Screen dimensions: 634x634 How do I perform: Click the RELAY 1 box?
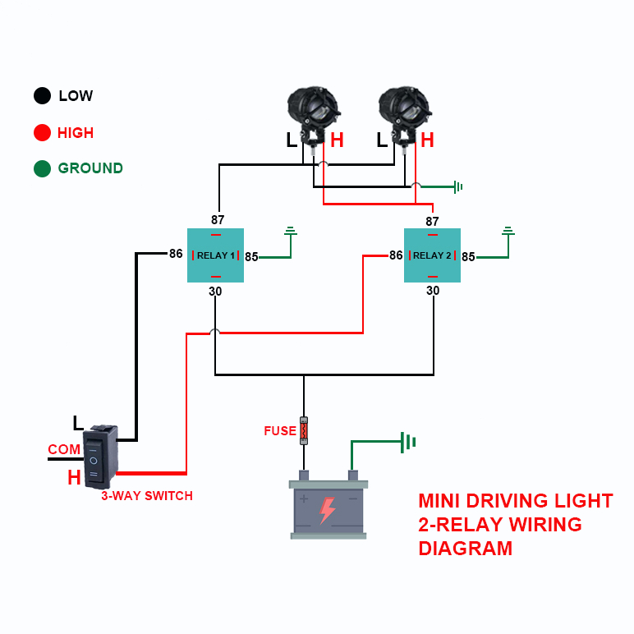click(x=216, y=255)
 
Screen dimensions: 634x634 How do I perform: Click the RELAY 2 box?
click(x=432, y=255)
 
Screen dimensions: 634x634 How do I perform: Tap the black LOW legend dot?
click(x=42, y=96)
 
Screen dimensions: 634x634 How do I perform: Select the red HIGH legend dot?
click(x=42, y=132)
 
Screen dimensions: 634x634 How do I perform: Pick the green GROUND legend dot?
click(x=42, y=168)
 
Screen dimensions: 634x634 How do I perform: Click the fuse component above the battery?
click(x=304, y=430)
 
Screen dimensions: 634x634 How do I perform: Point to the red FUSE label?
click(x=279, y=430)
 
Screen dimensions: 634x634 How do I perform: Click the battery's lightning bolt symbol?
click(x=327, y=509)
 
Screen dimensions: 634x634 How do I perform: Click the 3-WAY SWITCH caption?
click(x=147, y=496)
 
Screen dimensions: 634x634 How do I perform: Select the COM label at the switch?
click(x=64, y=449)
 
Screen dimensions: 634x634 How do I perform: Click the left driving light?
click(x=313, y=112)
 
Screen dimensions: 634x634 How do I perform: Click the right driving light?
click(x=405, y=112)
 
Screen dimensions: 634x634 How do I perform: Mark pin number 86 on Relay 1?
click(x=176, y=254)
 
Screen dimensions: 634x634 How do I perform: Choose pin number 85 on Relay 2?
click(x=468, y=257)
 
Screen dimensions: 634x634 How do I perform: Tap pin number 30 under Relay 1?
click(x=216, y=291)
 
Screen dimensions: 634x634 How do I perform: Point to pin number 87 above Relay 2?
click(x=432, y=221)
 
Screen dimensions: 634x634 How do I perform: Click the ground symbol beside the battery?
click(x=407, y=443)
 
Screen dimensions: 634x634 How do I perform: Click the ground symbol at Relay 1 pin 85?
click(x=290, y=232)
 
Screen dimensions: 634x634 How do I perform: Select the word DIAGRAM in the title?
click(x=465, y=548)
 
